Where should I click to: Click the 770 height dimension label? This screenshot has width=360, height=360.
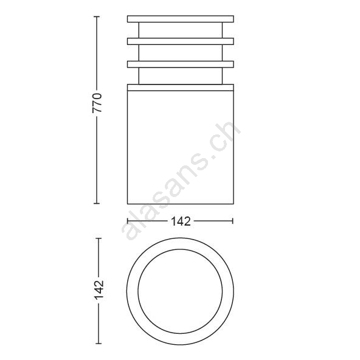[x=97, y=102]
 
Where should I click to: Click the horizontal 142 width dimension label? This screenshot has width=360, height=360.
[x=181, y=221]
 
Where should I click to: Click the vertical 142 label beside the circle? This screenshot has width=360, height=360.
[x=99, y=290]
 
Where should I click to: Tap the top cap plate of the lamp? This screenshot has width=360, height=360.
[x=181, y=19]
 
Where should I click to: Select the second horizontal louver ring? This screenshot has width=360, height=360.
[x=181, y=41]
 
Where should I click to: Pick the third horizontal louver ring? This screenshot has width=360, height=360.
[x=181, y=64]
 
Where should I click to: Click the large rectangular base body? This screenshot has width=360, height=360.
[x=181, y=147]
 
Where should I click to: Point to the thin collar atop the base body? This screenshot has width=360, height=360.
[x=181, y=88]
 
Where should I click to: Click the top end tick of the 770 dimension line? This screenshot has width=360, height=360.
[x=97, y=16]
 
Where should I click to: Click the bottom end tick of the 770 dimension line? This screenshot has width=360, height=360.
[x=97, y=203]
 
